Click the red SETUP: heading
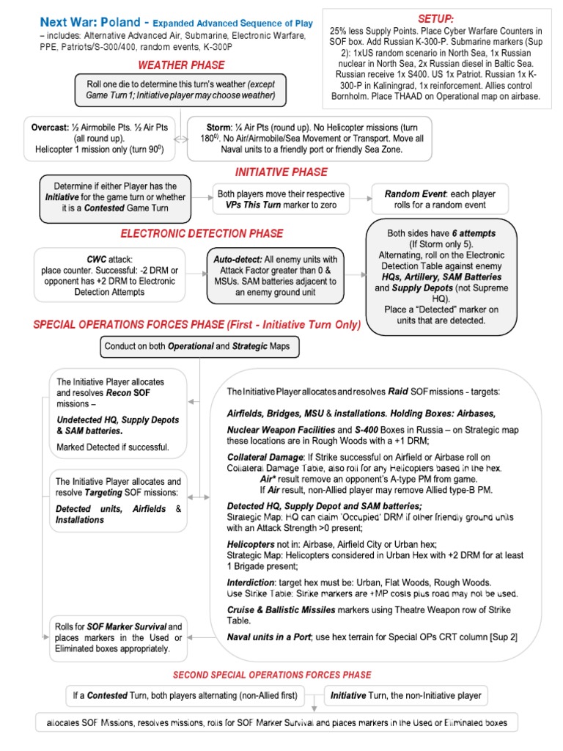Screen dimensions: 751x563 pyautogui.click(x=435, y=18)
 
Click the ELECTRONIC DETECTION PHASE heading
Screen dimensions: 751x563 pyautogui.click(x=202, y=233)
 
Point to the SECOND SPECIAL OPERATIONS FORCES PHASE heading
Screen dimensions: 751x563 pyautogui.click(x=271, y=674)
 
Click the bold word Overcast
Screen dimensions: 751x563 pyautogui.click(x=49, y=127)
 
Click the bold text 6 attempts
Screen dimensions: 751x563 pyautogui.click(x=473, y=232)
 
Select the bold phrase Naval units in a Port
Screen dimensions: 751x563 pyautogui.click(x=276, y=637)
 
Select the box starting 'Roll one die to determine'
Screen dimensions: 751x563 pyautogui.click(x=177, y=90)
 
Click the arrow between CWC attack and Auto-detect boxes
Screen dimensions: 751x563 pyautogui.click(x=196, y=274)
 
